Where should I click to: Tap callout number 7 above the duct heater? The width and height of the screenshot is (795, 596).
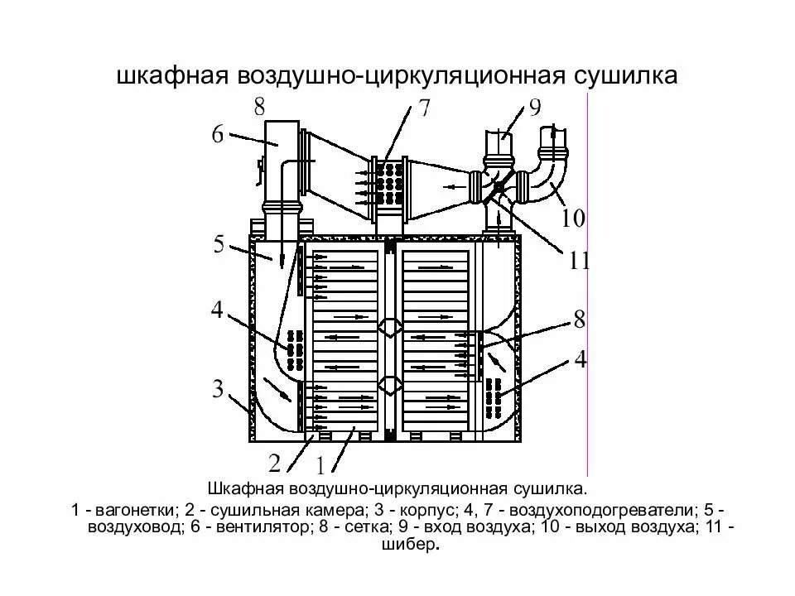(x=423, y=109)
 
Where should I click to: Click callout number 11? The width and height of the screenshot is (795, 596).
(x=579, y=262)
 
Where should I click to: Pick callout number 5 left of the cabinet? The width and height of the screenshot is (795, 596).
(x=219, y=244)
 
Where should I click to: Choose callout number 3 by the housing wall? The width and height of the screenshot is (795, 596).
(x=217, y=388)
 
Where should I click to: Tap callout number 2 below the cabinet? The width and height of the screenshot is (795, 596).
(x=274, y=461)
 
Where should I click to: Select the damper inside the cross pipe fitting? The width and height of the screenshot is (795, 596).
(x=497, y=190)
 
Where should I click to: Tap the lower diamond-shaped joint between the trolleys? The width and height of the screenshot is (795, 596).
(x=389, y=385)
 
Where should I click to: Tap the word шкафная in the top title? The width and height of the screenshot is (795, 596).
(x=171, y=75)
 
